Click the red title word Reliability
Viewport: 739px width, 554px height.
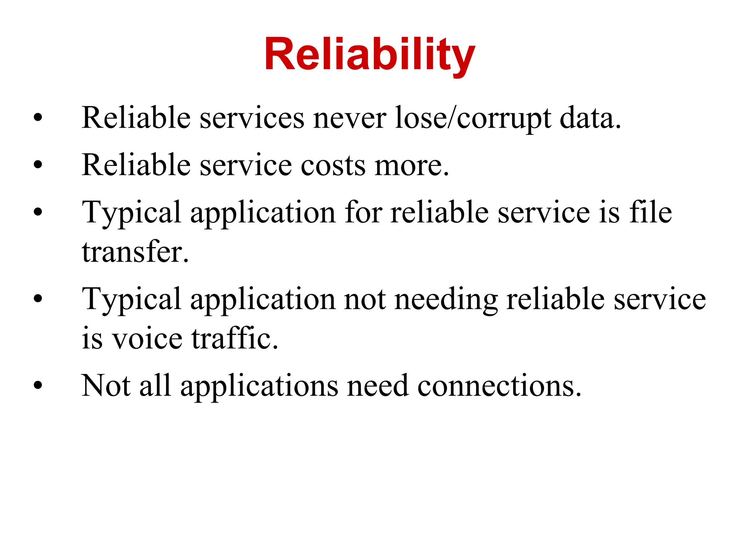click(x=369, y=55)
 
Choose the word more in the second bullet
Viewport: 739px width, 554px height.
click(x=411, y=166)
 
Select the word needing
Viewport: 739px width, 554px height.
click(x=446, y=299)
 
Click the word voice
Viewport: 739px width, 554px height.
click(x=148, y=339)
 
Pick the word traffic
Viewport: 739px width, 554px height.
click(x=235, y=339)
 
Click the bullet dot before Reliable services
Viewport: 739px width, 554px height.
click(x=38, y=118)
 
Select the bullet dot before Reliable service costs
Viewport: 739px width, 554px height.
click(x=38, y=165)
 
